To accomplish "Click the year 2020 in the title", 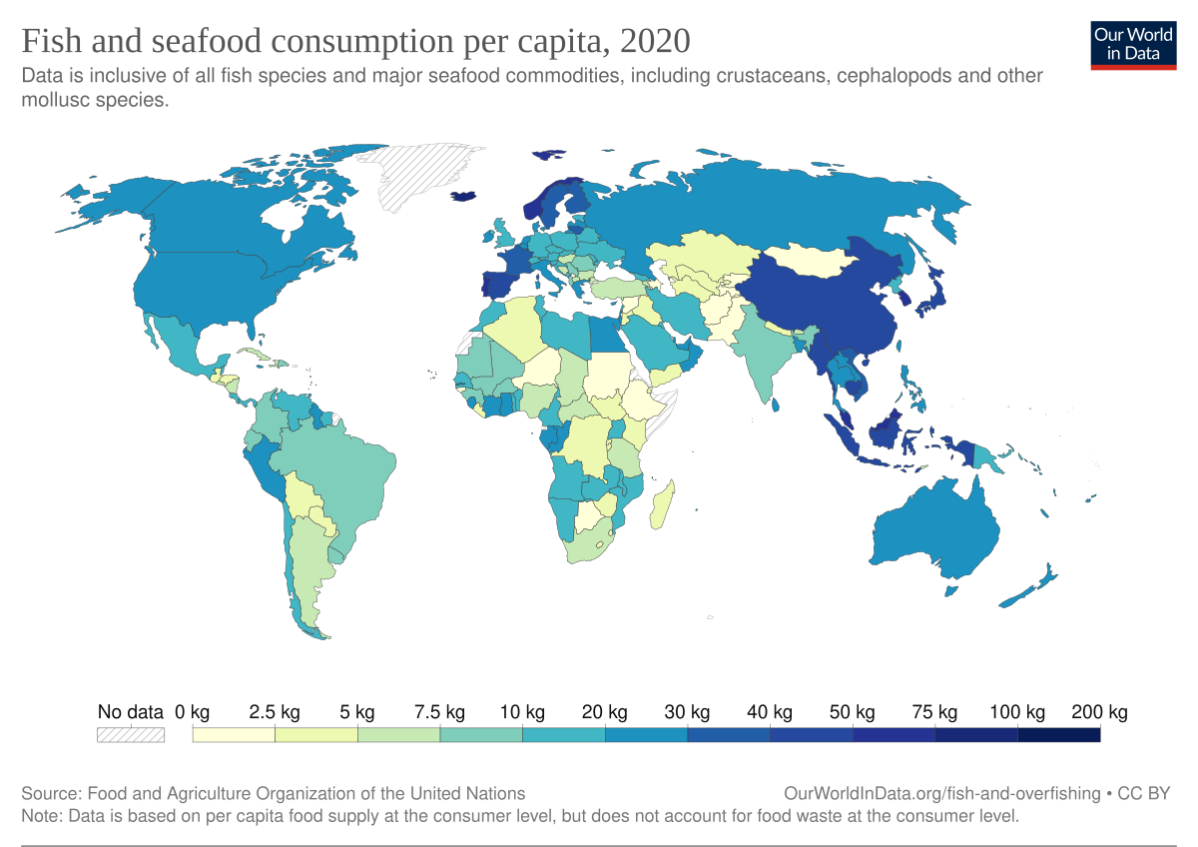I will point(654,41).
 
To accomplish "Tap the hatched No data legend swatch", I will point(130,735).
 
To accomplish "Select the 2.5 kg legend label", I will point(275,712).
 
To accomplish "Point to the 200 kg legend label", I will point(1099,712).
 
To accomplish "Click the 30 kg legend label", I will point(687,712).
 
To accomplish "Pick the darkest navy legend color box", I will point(1058,735).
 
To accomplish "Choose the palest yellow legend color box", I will point(234,735).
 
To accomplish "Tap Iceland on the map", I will point(464,197).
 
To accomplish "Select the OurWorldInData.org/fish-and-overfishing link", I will point(942,793).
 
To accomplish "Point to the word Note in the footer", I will point(40,815).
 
